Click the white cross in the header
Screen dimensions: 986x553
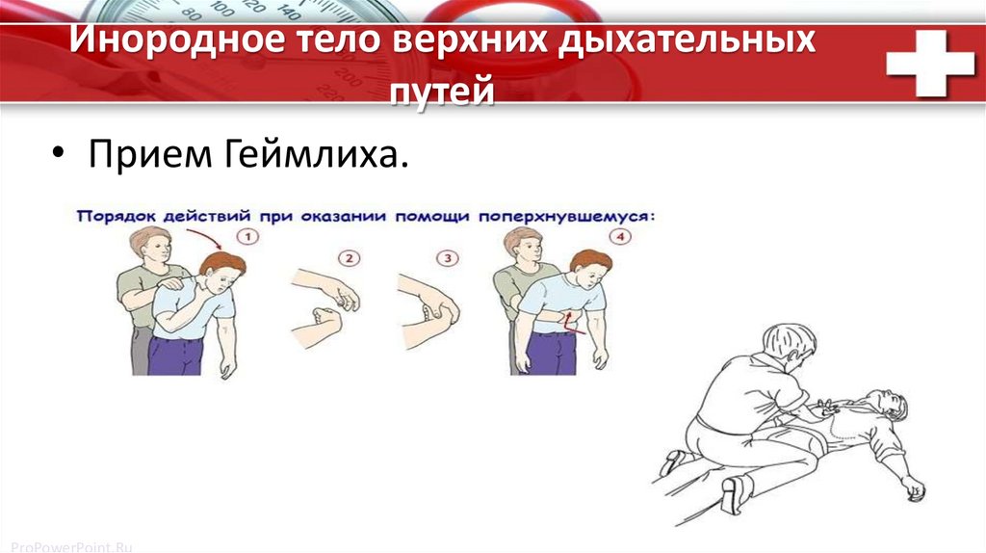pos(930,63)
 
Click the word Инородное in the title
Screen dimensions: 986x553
pos(177,39)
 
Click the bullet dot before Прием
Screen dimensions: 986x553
pos(59,153)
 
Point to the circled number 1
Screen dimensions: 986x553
pos(248,237)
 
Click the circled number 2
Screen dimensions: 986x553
pos(349,258)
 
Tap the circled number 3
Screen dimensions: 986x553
pos(448,258)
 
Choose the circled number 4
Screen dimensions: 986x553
pos(621,237)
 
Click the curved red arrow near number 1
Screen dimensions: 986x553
pos(208,236)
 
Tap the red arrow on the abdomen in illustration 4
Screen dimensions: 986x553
pos(574,321)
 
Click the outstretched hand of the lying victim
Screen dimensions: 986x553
pos(913,488)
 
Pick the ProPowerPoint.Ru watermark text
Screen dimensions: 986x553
pos(71,547)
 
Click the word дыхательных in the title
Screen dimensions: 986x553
pos(688,39)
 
